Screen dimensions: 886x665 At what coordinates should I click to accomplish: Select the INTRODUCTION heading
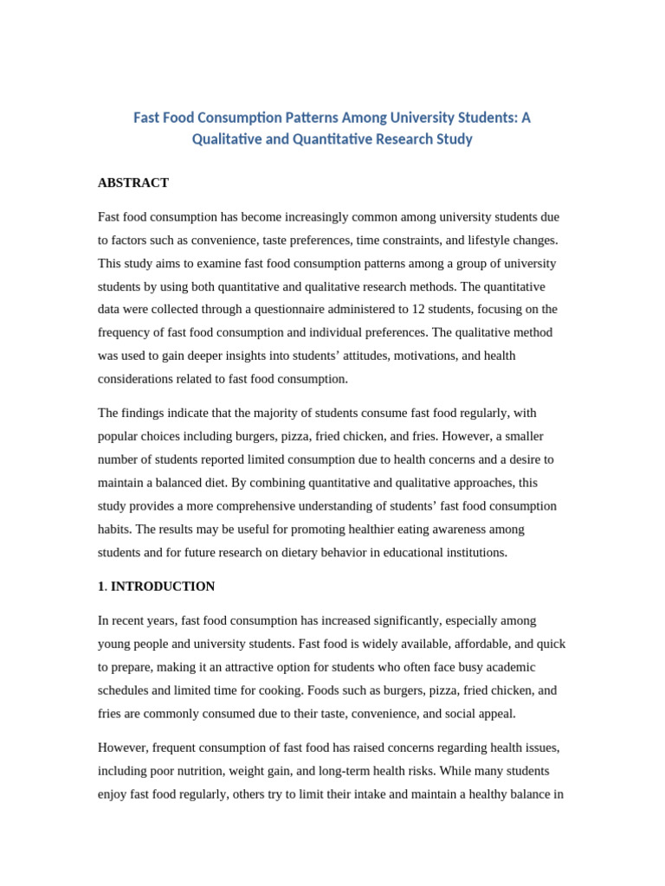click(163, 586)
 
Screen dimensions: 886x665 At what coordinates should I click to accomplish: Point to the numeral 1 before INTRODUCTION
click(101, 586)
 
